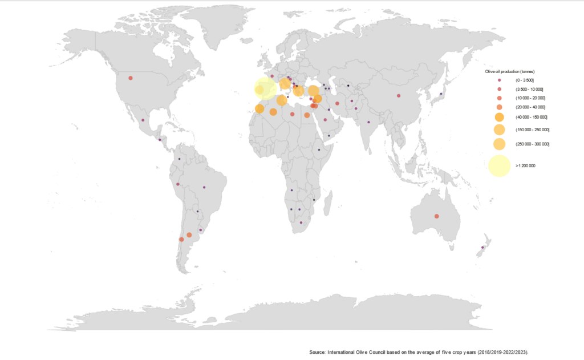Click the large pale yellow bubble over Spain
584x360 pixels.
tap(265, 88)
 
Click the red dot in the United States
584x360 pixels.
tap(131, 78)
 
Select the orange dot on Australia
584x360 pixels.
tap(437, 216)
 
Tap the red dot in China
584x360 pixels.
tap(399, 95)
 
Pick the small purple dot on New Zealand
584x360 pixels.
tap(482, 247)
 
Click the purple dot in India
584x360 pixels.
tap(368, 122)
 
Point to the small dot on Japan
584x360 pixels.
tap(441, 94)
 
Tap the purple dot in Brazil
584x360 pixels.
tap(204, 187)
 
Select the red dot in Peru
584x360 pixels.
tap(178, 184)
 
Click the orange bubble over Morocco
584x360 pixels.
tap(259, 109)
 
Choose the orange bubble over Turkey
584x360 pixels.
tap(313, 91)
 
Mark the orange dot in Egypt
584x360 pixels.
tap(307, 115)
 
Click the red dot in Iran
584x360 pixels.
tap(337, 103)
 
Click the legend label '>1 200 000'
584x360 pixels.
tap(525, 165)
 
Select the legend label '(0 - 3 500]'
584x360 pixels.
tap(524, 80)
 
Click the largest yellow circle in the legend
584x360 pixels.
tap(498, 165)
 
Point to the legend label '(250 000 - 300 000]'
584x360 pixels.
tap(532, 144)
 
